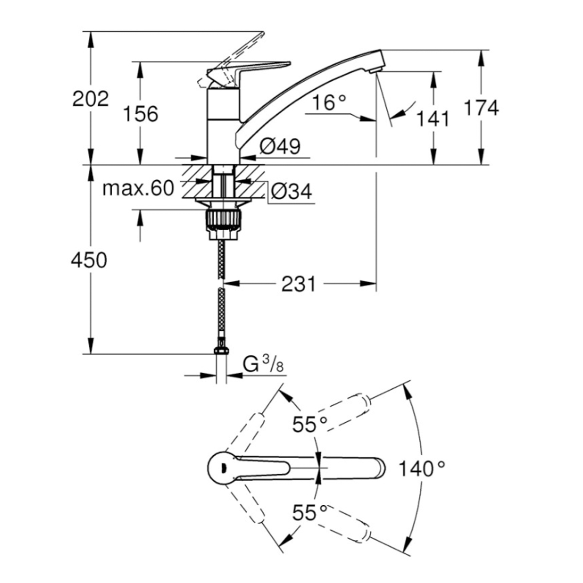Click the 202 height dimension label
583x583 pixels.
(x=90, y=99)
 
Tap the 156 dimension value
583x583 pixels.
(x=141, y=114)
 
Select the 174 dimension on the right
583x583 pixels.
(x=481, y=108)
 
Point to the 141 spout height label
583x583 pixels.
(x=433, y=119)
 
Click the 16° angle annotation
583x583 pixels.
(x=329, y=103)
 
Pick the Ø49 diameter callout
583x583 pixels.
(x=280, y=147)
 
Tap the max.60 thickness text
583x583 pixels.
(x=138, y=188)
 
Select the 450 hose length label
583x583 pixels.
(x=89, y=260)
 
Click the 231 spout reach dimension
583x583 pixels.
(x=298, y=284)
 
